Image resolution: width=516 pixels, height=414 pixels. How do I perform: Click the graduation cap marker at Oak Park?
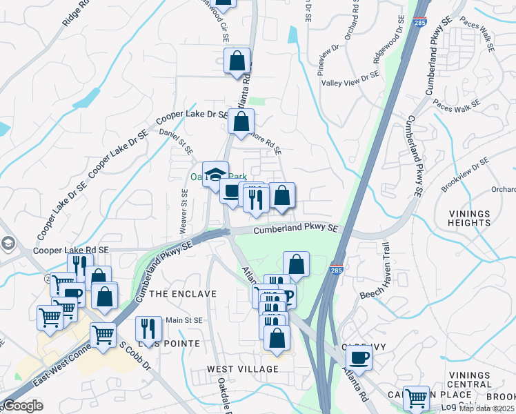coord(215,172)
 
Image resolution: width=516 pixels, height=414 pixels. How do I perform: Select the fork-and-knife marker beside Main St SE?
coord(148,328)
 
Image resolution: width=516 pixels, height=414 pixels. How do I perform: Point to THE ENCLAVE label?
coord(183,294)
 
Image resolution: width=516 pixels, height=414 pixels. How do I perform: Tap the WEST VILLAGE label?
coord(243,369)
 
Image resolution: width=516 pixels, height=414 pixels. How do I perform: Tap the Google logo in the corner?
coord(22,406)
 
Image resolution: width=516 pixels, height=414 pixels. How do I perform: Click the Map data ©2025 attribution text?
coord(486,408)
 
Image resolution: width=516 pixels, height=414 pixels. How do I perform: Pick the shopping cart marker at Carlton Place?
coord(416,398)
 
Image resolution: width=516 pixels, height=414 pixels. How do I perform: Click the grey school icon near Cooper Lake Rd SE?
coord(7,243)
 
